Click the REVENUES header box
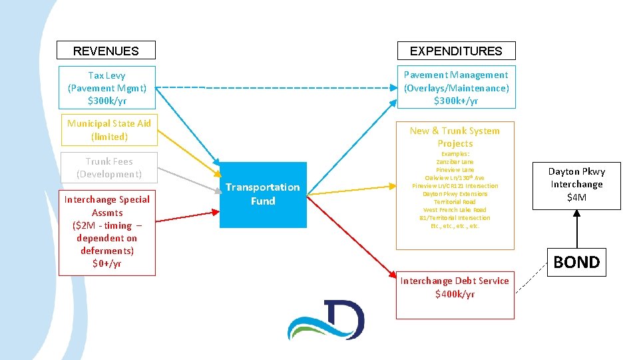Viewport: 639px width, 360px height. click(106, 51)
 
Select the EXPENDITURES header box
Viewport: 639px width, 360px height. click(456, 51)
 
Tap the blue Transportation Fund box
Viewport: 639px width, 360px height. click(263, 194)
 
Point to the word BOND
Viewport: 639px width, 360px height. click(576, 262)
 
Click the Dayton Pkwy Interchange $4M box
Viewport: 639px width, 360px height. click(576, 184)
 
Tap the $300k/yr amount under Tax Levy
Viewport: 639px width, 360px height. click(107, 101)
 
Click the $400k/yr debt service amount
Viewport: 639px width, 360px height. click(455, 294)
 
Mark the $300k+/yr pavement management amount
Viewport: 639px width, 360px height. click(456, 101)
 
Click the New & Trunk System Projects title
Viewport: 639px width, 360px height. click(455, 137)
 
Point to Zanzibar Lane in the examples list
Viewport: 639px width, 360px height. click(455, 162)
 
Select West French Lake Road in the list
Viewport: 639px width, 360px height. click(455, 209)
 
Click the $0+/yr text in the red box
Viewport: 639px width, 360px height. click(107, 263)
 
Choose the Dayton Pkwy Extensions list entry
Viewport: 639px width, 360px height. click(455, 193)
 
